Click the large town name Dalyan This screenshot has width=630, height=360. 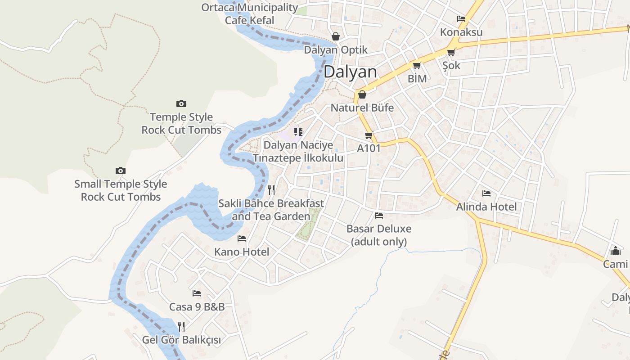tap(350, 72)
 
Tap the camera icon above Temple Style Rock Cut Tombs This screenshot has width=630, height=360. tap(181, 104)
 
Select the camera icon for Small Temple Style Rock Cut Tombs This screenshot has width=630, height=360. tap(120, 171)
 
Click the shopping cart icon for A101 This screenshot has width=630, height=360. tap(369, 135)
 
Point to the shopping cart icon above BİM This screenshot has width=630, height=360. tap(417, 66)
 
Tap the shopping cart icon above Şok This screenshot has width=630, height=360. tap(451, 52)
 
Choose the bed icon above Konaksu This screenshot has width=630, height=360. tap(461, 19)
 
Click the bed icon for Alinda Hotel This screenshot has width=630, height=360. tap(486, 193)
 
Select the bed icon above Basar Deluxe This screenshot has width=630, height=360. tap(379, 216)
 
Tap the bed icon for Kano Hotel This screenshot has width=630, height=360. tap(242, 238)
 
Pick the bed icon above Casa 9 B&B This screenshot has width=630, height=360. tap(197, 293)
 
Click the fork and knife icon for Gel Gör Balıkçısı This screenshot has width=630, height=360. tap(181, 326)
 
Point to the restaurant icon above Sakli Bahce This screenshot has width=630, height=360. tap(271, 190)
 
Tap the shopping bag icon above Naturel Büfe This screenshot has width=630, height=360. tap(362, 94)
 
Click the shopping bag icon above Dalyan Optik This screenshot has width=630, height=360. tap(336, 36)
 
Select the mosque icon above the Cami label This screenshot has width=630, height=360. tap(615, 251)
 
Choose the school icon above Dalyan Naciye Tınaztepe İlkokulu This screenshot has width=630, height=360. tap(298, 132)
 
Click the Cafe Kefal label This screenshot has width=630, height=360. tap(249, 20)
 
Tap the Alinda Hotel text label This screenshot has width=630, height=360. tap(486, 207)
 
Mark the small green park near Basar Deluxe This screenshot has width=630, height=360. tap(310, 224)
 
